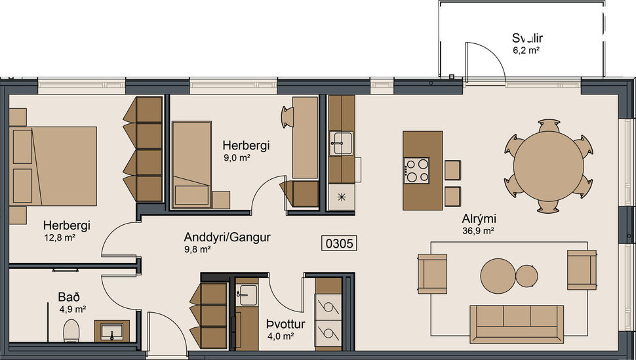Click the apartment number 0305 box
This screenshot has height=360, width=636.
(340, 244)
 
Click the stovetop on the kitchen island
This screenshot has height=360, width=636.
(417, 170)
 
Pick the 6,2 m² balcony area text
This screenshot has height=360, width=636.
(526, 50)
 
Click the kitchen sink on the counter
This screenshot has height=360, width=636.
(341, 142)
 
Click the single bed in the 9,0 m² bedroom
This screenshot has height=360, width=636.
(191, 164)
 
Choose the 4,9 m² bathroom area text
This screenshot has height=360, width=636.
(72, 309)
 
